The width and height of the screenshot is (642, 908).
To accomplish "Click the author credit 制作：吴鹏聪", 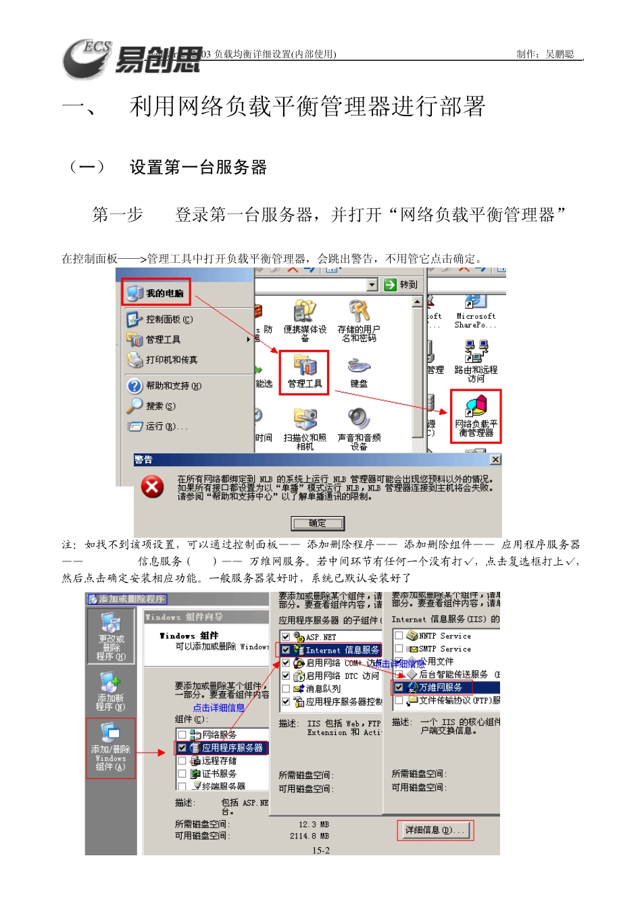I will (545, 55).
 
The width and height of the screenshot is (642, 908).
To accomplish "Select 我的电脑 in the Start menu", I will (157, 293).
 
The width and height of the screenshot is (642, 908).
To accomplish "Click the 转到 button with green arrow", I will (401, 284).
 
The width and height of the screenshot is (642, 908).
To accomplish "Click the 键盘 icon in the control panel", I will (359, 374).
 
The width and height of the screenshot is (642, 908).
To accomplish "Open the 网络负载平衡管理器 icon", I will (476, 416).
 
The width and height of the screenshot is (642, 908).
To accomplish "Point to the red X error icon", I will (153, 486).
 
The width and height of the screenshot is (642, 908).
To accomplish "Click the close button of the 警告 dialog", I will (495, 459).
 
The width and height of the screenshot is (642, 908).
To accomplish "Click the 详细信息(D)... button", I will (435, 830).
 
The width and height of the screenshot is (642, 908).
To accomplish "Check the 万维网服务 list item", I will (440, 687).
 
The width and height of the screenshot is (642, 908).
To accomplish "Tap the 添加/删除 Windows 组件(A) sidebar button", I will (110, 749).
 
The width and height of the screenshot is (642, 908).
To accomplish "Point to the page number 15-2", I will (321, 851).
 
